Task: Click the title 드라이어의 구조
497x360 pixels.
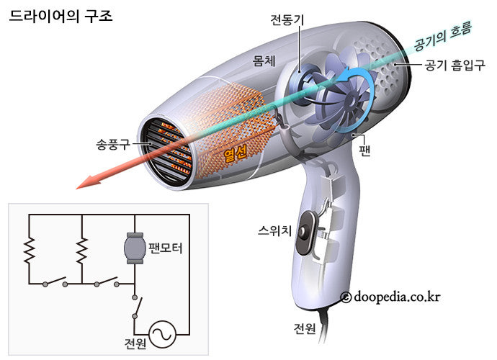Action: click(60, 14)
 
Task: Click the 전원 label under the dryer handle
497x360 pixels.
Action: click(304, 328)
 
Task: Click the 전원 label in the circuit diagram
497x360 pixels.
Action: click(135, 343)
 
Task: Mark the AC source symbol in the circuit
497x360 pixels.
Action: click(162, 332)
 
